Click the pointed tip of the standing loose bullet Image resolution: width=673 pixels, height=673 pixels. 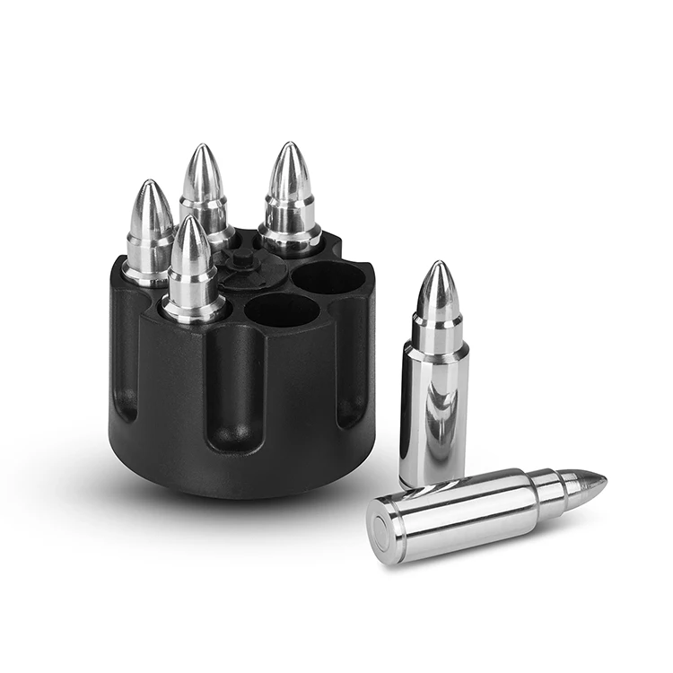pyautogui.click(x=438, y=266)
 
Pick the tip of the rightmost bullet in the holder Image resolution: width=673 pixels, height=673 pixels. pyautogui.click(x=289, y=146)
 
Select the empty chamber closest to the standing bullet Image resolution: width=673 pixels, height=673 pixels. pyautogui.click(x=328, y=279)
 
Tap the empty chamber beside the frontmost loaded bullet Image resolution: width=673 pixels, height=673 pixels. pyautogui.click(x=281, y=311)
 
